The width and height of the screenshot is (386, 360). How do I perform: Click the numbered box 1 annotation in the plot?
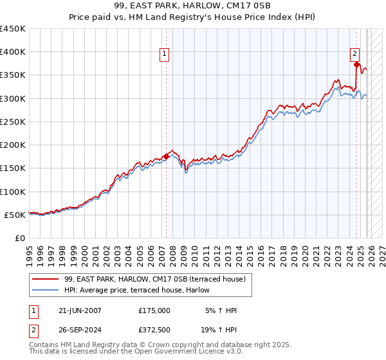coord(165,55)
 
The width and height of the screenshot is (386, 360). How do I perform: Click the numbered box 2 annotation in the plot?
coord(354,55)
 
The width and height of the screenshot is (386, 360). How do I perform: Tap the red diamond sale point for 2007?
coord(166,156)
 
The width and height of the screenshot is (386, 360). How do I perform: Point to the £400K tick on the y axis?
coord(14,52)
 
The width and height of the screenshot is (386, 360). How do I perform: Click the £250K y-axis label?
coord(14,122)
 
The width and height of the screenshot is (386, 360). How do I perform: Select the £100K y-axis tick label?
coord(14,192)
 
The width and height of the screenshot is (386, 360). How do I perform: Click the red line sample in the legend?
coord(46,279)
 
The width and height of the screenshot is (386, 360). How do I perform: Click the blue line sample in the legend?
coord(46,291)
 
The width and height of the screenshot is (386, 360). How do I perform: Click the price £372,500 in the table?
coord(154,330)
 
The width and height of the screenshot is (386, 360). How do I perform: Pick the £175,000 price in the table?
coord(154,310)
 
